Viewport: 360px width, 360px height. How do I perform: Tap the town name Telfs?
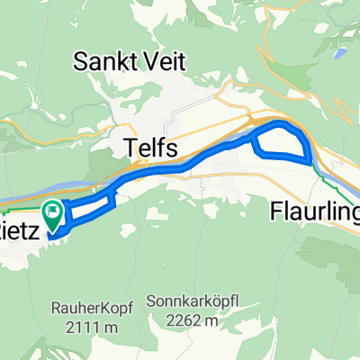pyautogui.click(x=148, y=147)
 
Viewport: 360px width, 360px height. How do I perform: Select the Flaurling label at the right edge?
pyautogui.click(x=315, y=212)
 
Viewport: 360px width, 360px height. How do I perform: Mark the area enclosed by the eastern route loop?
pyautogui.click(x=281, y=142)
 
